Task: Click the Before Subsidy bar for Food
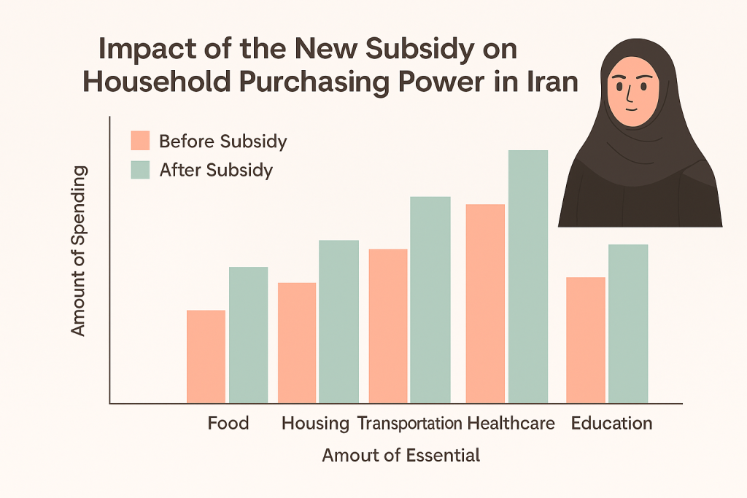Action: [x=206, y=357]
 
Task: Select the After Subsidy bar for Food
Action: [x=248, y=335]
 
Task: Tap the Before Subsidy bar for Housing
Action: [x=297, y=343]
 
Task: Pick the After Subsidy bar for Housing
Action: [x=339, y=322]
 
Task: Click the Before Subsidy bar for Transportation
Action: [x=388, y=326]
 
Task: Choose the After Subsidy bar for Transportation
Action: [x=430, y=300]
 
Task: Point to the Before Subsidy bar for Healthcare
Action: [x=485, y=303]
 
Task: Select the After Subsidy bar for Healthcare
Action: [x=528, y=276]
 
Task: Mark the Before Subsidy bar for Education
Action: [x=586, y=340]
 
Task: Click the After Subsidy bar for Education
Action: [x=628, y=323]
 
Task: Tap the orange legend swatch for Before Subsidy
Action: [x=140, y=141]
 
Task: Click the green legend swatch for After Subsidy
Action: [x=140, y=170]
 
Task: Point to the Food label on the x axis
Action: [x=228, y=423]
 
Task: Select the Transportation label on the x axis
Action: [x=409, y=423]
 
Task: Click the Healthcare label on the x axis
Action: [x=511, y=423]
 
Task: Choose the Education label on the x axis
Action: [x=611, y=423]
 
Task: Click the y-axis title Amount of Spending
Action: [x=78, y=252]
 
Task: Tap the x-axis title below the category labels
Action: [x=400, y=456]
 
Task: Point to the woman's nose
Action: [x=629, y=93]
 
